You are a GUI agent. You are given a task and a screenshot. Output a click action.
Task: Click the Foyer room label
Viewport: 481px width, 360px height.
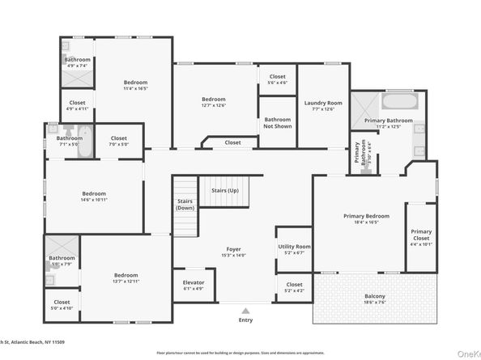pyautogui.click(x=233, y=250)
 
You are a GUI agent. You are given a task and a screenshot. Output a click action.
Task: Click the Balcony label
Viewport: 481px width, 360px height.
pyautogui.click(x=373, y=298)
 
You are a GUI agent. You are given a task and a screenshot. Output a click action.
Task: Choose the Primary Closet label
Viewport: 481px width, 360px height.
pyautogui.click(x=420, y=235)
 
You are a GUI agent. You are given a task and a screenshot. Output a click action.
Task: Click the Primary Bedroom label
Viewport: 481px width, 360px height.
pyautogui.click(x=366, y=217)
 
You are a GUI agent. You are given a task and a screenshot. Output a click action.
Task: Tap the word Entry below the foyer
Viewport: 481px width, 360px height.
pyautogui.click(x=245, y=320)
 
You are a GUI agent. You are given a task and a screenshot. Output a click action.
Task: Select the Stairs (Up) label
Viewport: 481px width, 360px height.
pyautogui.click(x=224, y=190)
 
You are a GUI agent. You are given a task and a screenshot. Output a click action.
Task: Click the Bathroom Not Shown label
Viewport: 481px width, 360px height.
pyautogui.click(x=277, y=123)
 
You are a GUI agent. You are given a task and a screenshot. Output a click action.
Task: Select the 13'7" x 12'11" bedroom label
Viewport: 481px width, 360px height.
pyautogui.click(x=126, y=277)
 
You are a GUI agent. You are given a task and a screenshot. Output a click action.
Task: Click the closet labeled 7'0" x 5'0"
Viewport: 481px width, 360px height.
pyautogui.click(x=118, y=140)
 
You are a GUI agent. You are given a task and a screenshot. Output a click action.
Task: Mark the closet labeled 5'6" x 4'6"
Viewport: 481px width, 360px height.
pyautogui.click(x=277, y=78)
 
